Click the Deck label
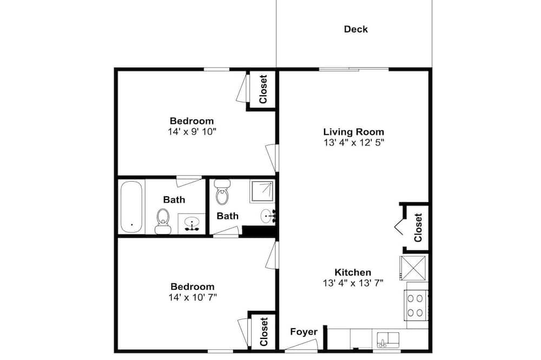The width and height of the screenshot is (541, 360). [356, 29]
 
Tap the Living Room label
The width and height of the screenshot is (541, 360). [354, 132]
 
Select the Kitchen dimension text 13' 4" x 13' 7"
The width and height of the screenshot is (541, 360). [353, 283]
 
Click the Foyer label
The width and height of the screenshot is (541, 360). [304, 332]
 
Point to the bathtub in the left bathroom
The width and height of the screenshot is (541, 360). [131, 207]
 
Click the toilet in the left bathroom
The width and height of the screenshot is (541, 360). [163, 221]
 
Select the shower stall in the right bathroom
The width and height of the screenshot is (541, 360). [262, 191]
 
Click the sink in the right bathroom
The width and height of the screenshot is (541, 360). [268, 216]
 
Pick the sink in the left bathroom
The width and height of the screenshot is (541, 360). [191, 223]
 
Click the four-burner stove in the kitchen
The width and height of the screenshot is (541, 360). [415, 305]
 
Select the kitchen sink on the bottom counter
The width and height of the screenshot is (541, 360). [388, 340]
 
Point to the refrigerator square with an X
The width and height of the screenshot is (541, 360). [413, 268]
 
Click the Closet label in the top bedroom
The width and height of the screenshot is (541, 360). [263, 89]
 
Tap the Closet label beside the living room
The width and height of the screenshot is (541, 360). [418, 228]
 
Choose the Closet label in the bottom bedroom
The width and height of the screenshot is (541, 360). [263, 332]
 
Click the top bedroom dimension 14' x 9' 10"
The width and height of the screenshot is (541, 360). [192, 131]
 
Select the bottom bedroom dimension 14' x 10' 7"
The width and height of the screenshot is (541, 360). [193, 297]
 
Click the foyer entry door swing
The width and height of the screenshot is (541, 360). [301, 345]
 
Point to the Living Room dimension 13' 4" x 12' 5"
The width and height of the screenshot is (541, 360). [354, 142]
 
